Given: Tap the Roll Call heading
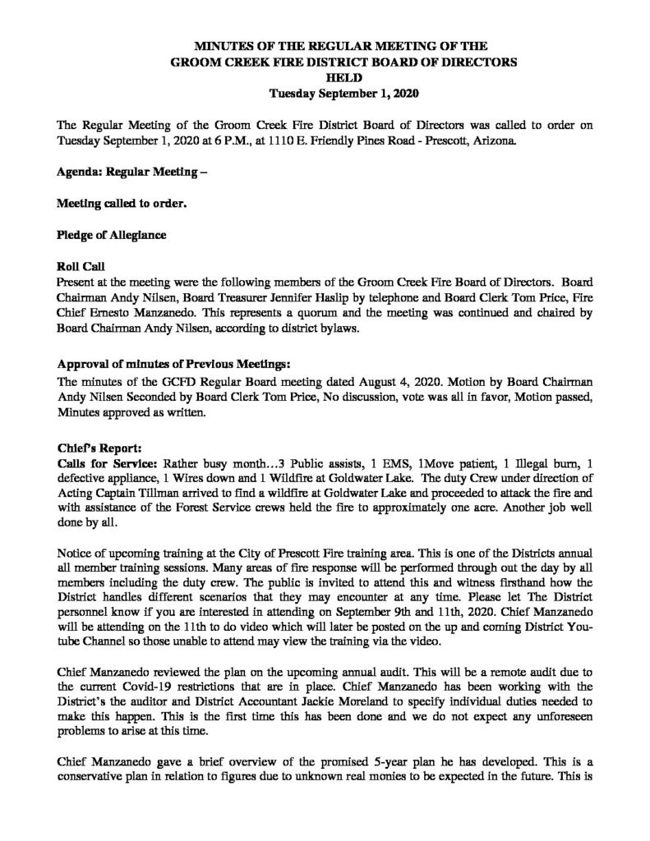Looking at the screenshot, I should [x=80, y=268].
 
